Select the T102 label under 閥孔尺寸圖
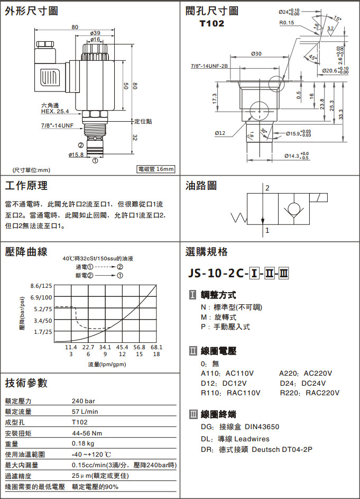coord(211,24)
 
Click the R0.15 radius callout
coord(287,23)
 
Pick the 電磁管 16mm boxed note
coord(155,169)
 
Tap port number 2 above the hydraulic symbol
coord(268,188)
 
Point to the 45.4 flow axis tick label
coord(122,347)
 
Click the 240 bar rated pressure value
coord(83,401)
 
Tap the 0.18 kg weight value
coord(83,443)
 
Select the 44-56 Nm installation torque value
coord(86,433)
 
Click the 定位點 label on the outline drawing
coord(143,121)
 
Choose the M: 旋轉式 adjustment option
coord(218,317)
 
